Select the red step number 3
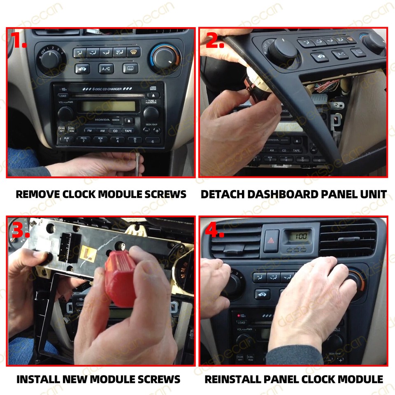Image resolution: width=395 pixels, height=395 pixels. pyautogui.click(x=20, y=230)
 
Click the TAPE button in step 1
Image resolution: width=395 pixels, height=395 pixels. pyautogui.click(x=128, y=130)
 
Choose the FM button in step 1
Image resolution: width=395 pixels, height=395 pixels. pyautogui.click(x=88, y=130)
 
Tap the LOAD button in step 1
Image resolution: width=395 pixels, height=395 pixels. pyautogui.click(x=63, y=95)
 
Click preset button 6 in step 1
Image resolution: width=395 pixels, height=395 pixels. pyautogui.click(x=153, y=141)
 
